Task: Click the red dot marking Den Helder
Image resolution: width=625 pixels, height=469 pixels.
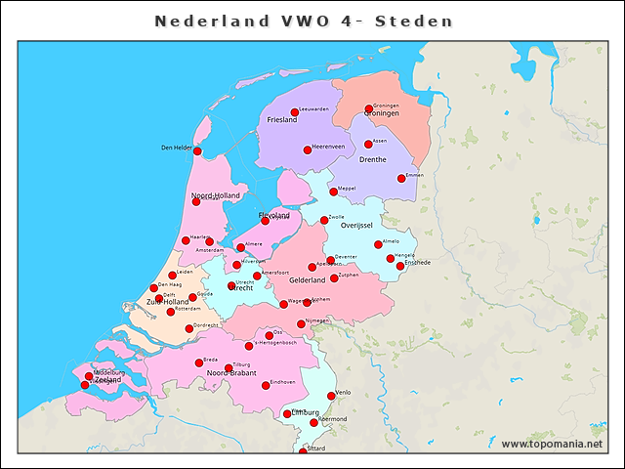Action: point(197,151)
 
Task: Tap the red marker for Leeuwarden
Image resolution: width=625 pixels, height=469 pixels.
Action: point(295,112)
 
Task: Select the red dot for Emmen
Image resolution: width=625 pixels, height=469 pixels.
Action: point(401,178)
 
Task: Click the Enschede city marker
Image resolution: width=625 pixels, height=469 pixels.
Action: point(400,266)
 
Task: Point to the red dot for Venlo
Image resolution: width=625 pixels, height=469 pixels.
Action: point(330,396)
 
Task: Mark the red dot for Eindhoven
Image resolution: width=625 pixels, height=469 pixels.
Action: point(266,385)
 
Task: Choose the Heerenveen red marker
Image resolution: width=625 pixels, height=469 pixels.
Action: point(308,149)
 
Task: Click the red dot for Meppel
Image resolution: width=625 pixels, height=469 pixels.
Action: point(333,192)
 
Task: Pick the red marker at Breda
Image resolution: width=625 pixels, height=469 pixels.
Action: point(199,362)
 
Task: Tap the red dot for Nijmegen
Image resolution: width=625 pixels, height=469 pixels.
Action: point(301,323)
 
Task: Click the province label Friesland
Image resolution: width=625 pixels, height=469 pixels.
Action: point(281,120)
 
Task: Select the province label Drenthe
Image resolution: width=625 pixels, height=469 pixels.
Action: point(373,158)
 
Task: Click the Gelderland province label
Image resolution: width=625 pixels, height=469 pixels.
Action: point(306,279)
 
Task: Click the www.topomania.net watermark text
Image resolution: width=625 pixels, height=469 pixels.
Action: point(552,445)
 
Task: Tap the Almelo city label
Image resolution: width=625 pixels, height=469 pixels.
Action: point(392,240)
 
